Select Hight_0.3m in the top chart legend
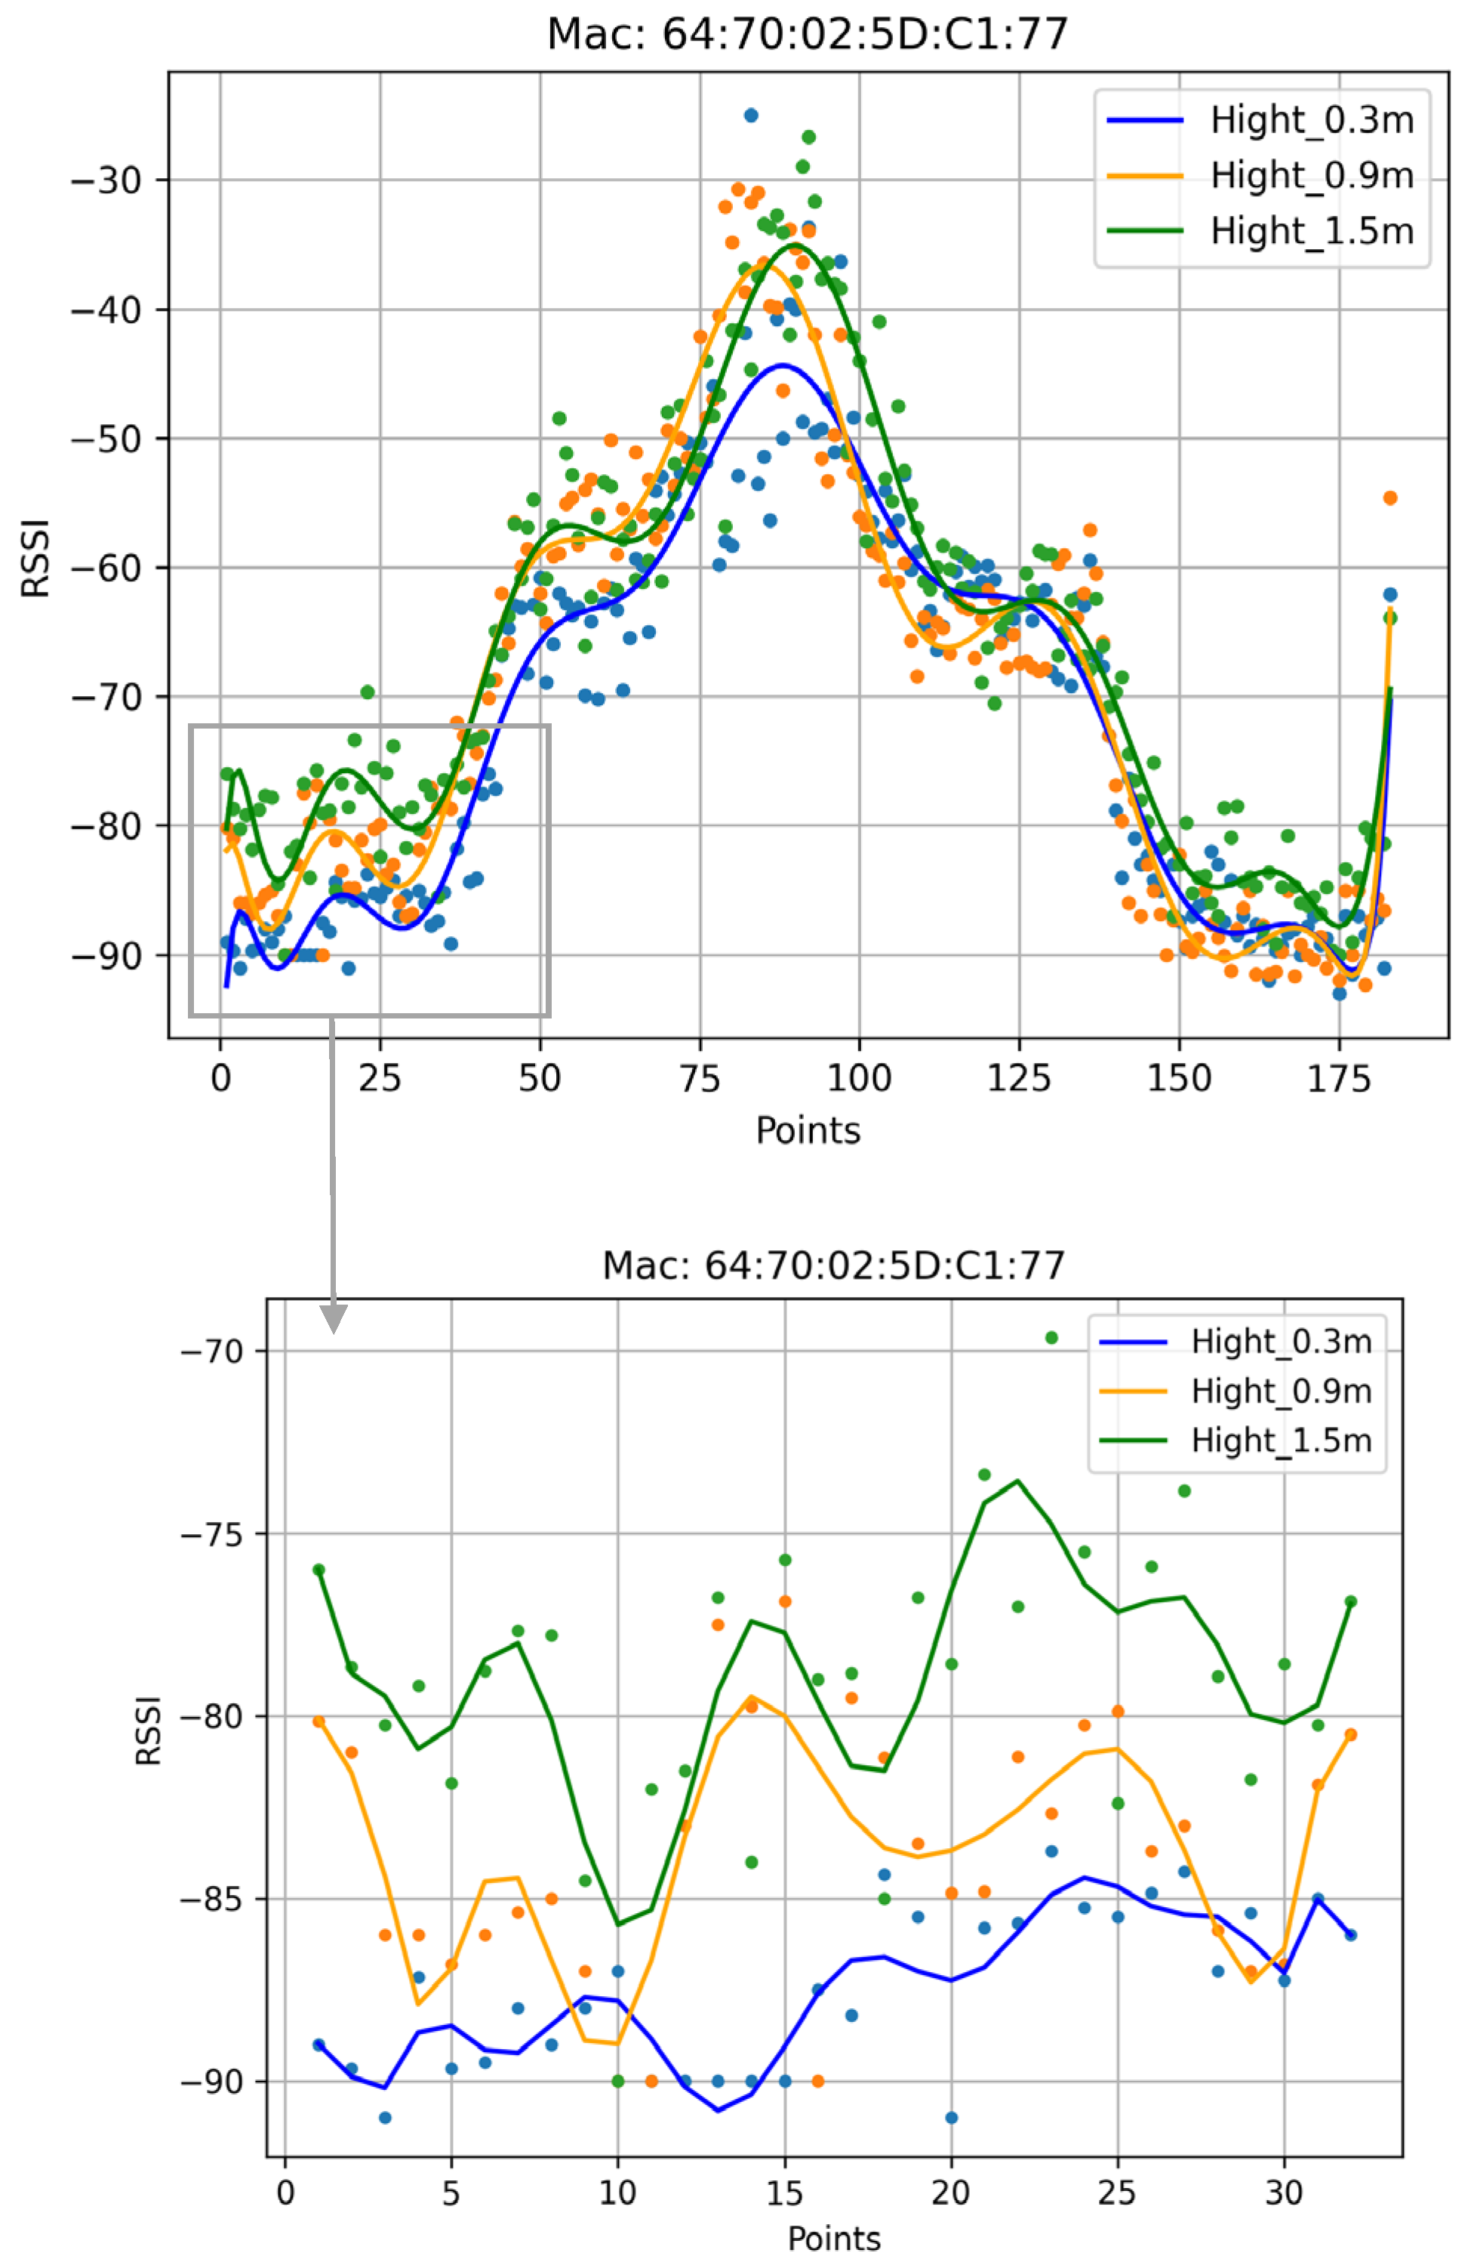click(x=1311, y=120)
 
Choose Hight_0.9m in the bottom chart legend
click(x=1281, y=1391)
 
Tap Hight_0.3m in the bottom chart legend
click(x=1281, y=1342)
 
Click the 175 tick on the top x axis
click(x=1339, y=1080)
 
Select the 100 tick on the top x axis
click(x=860, y=1080)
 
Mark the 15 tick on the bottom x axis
click(x=784, y=2192)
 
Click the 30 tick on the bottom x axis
click(x=1284, y=2192)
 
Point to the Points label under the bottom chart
click(x=834, y=2239)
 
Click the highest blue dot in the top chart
click(x=751, y=116)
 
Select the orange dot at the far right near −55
click(x=1390, y=498)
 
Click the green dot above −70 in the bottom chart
click(x=1051, y=1338)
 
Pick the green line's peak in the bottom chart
click(x=1017, y=1481)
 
